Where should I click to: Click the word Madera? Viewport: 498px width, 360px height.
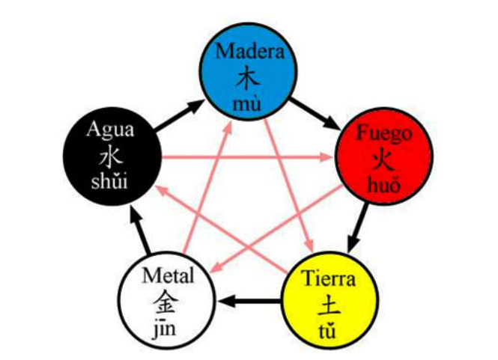tap(251, 51)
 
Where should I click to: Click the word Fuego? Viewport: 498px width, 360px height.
tap(383, 134)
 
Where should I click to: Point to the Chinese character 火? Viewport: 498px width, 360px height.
tap(383, 159)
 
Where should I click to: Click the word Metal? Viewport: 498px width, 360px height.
tap(168, 277)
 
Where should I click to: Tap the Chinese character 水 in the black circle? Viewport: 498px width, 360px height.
tap(109, 156)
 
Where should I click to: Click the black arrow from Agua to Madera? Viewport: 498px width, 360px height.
tap(180, 113)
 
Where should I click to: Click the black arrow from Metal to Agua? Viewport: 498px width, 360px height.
tap(138, 231)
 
